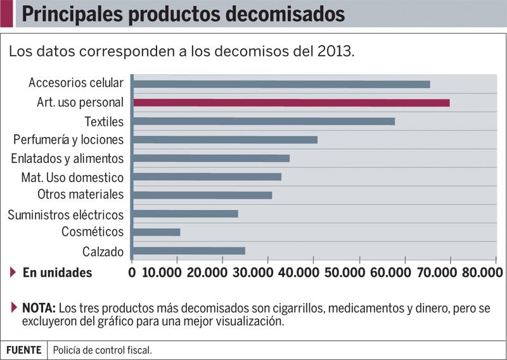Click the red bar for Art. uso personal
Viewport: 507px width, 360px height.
coord(291,103)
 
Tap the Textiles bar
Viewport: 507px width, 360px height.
coord(263,121)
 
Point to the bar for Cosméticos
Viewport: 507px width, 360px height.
coord(157,232)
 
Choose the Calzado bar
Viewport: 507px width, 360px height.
coord(189,250)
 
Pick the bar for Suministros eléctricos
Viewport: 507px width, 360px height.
coord(185,214)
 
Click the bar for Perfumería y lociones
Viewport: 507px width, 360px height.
coord(225,139)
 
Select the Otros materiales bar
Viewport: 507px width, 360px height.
coord(202,195)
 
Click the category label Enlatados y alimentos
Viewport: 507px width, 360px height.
coord(67,158)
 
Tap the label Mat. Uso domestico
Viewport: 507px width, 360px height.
coord(72,177)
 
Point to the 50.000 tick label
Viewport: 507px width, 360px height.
coord(360,273)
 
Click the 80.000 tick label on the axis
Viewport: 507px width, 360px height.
coord(482,273)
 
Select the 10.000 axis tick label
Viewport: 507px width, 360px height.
coord(164,273)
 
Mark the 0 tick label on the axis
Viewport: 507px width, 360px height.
coord(132,273)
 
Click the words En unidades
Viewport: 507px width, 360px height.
coord(57,273)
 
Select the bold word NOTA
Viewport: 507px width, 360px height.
coord(39,309)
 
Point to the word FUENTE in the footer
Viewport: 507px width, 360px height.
coord(23,350)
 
